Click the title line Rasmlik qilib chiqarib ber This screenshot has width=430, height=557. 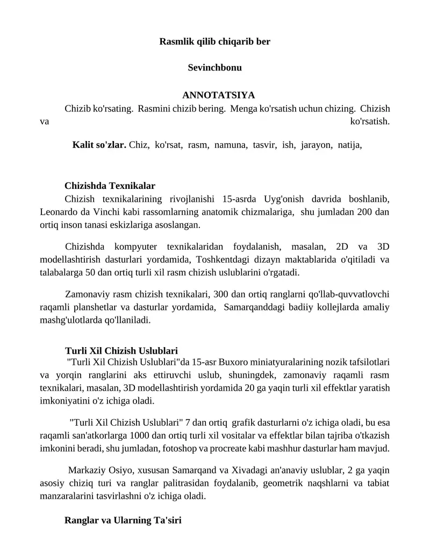[215, 41]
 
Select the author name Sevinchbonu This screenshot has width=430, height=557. [215, 68]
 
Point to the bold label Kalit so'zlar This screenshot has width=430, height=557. [99, 145]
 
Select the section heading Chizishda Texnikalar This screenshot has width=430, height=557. [110, 186]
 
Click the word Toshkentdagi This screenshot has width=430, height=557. [214, 259]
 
